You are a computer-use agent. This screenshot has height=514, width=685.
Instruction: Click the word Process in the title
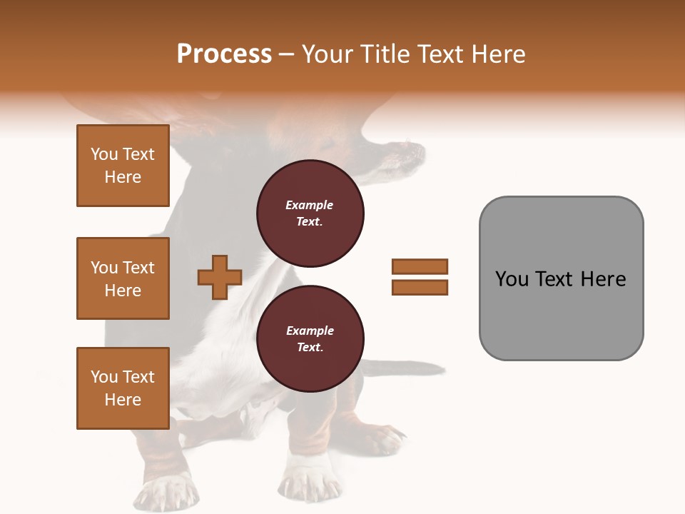pos(224,54)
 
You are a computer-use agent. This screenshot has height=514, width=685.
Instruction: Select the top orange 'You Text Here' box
pos(123,166)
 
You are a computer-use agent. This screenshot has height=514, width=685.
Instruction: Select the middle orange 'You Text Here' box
pos(123,278)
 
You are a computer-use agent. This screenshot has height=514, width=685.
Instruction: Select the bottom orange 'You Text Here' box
pos(123,388)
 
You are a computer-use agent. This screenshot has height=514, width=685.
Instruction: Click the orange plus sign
pos(220,277)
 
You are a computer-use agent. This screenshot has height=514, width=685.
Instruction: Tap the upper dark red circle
pos(310,213)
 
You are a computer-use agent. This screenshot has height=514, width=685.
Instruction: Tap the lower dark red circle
pos(310,338)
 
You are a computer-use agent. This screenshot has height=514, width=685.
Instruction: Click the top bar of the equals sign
pos(420,266)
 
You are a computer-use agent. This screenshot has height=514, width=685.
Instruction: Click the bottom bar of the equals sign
pos(420,287)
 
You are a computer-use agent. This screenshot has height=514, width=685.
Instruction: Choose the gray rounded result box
pos(561,278)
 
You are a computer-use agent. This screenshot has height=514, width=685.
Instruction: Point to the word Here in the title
pos(497,54)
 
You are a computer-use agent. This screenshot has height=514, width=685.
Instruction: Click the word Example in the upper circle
pos(310,205)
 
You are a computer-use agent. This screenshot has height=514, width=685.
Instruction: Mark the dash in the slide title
pos(287,54)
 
